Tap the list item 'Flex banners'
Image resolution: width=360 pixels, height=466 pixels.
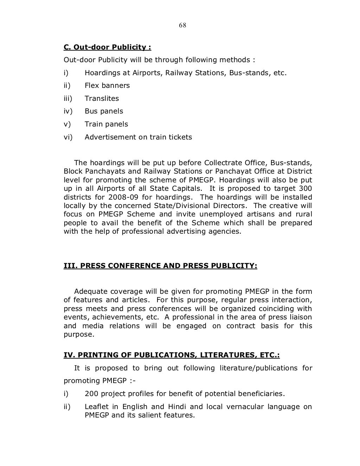pyautogui.click(x=107, y=85)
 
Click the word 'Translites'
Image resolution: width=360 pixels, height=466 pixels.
pyautogui.click(x=102, y=98)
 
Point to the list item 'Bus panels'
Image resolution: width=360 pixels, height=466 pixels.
pyautogui.click(x=104, y=111)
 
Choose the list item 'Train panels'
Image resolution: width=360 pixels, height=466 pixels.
pyautogui.click(x=106, y=124)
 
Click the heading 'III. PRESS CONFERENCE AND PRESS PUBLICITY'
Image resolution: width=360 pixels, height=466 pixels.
pyautogui.click(x=160, y=266)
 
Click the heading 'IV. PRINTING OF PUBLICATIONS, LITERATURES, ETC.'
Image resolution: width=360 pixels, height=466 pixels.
pyautogui.click(x=172, y=355)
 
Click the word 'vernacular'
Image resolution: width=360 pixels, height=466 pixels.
pyautogui.click(x=245, y=407)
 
